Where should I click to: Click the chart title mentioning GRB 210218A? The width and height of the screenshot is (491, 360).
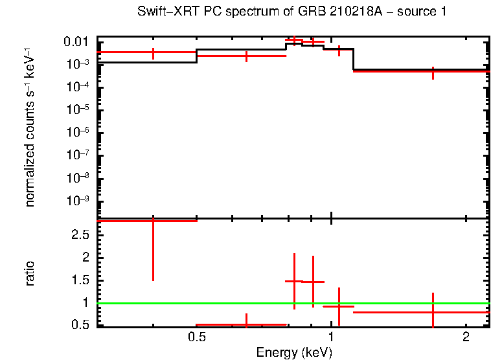(291, 12)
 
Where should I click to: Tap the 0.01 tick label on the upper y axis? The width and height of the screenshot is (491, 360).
(76, 42)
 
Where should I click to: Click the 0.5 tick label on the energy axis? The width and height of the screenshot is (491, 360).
(196, 337)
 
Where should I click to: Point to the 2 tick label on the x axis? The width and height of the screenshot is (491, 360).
(466, 337)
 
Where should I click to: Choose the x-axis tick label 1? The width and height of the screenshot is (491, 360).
(331, 337)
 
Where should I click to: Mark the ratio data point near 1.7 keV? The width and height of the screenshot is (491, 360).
(433, 312)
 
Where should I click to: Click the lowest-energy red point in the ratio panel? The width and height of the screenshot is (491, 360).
(153, 221)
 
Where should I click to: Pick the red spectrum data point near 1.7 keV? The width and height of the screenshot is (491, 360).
(433, 71)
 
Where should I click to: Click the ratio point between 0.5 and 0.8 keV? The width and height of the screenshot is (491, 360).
(246, 324)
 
